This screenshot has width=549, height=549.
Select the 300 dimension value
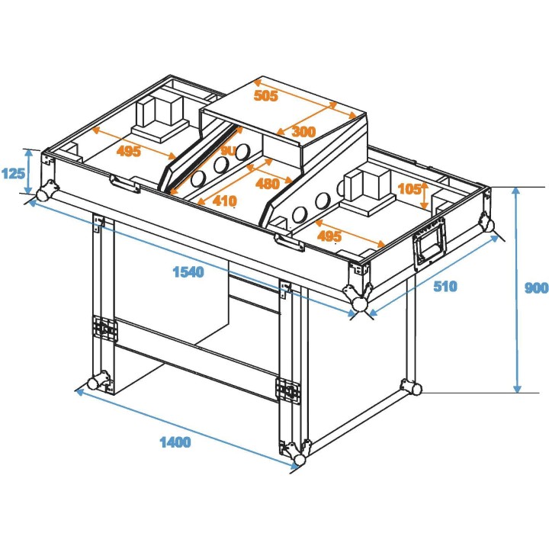(303, 132)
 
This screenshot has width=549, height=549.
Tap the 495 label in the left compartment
(129, 151)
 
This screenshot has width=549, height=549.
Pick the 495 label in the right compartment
(329, 236)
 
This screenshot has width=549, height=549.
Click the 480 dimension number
(267, 184)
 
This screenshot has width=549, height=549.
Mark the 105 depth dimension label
(409, 188)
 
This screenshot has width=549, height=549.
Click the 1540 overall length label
(188, 272)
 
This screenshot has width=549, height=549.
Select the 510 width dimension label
(445, 287)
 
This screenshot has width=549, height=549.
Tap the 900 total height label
(537, 288)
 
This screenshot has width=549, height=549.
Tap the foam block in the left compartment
(161, 114)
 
